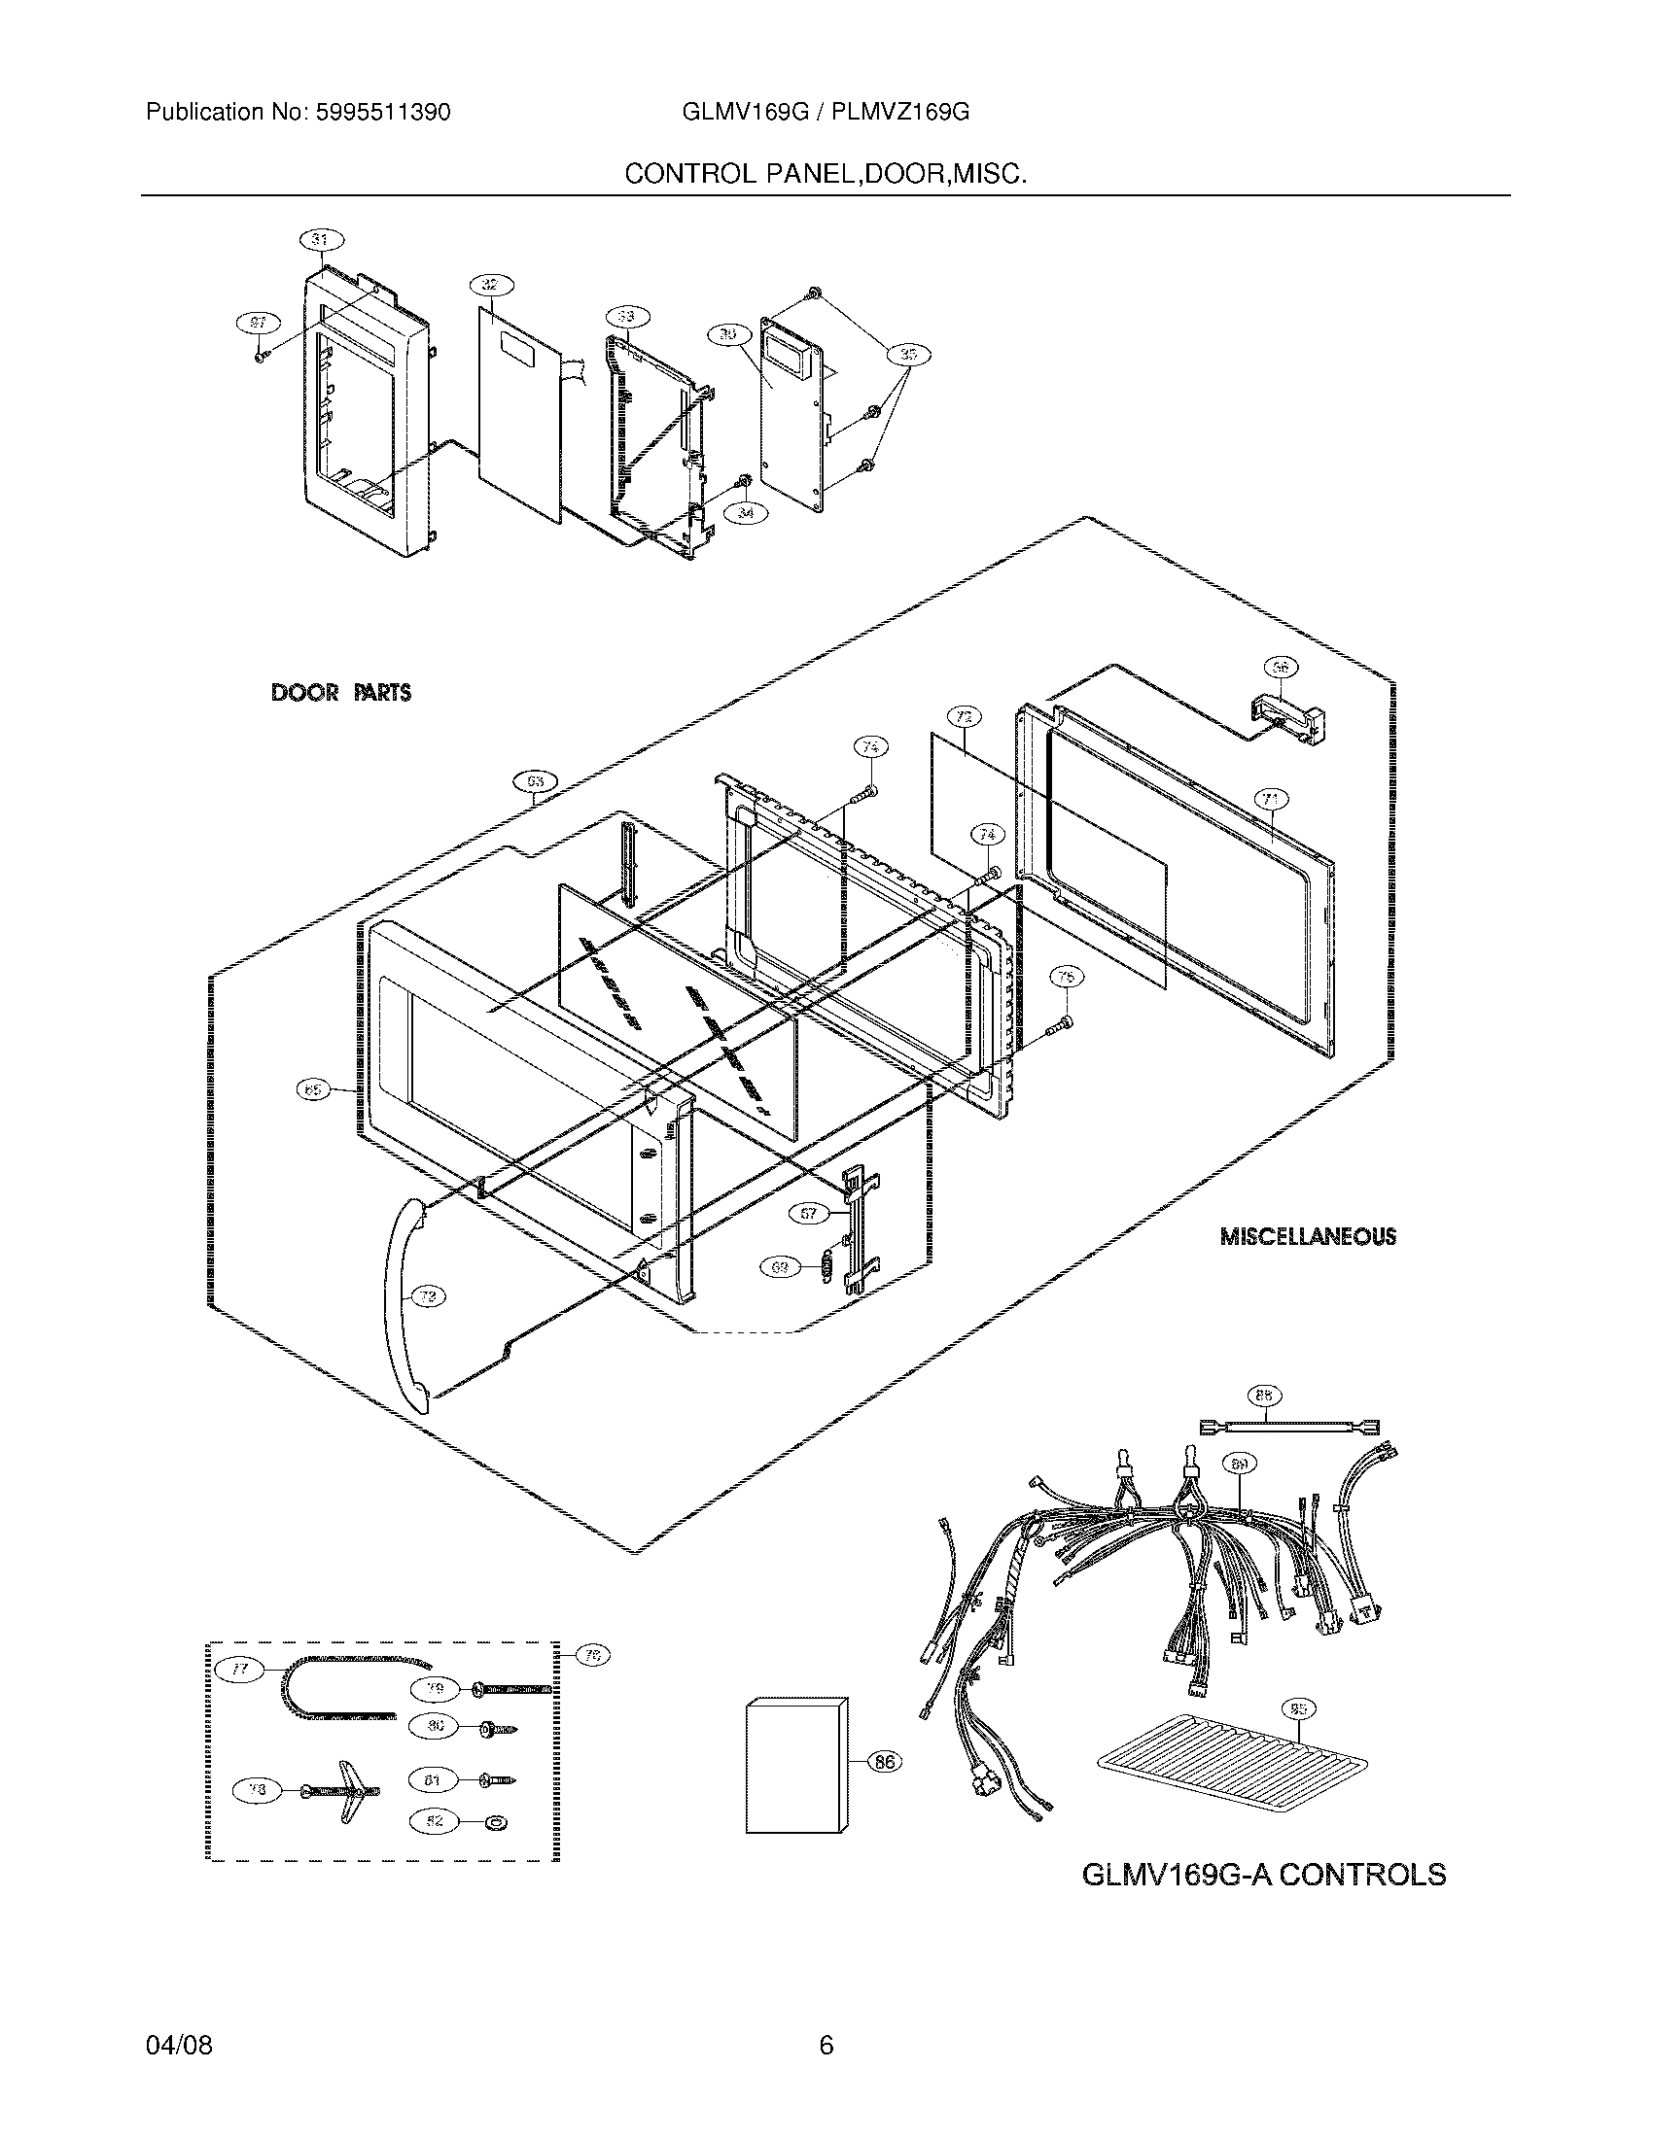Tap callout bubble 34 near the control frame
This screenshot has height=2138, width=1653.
point(747,512)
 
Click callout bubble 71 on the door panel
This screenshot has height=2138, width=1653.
point(1270,800)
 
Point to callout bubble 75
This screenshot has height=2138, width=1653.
point(1066,976)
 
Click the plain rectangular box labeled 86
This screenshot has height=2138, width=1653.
point(793,1765)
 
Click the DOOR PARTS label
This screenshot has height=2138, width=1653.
point(339,693)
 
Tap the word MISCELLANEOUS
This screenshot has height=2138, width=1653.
point(1307,1236)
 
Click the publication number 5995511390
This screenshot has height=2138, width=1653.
point(382,113)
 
